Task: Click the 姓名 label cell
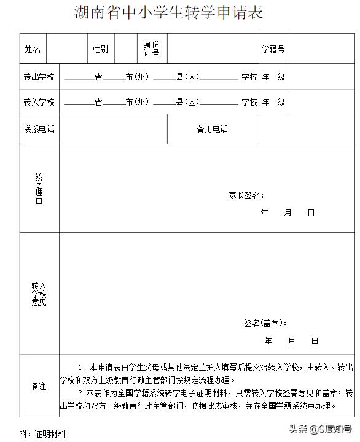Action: (33, 49)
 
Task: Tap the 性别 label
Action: (100, 49)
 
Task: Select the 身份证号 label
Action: (152, 49)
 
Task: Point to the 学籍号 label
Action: (273, 49)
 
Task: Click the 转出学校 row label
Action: (39, 77)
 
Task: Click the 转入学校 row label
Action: (39, 102)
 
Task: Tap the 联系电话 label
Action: (39, 130)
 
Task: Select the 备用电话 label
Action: (213, 130)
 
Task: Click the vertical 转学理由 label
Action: (39, 188)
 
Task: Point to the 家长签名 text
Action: (246, 196)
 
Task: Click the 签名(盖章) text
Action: (265, 323)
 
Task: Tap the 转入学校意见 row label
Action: (39, 294)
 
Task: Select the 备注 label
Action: (39, 386)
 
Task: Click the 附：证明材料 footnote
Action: (42, 434)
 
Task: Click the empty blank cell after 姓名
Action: (66, 49)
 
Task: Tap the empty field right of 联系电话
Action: (113, 130)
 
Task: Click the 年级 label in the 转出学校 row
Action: (273, 77)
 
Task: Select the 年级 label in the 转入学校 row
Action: (273, 102)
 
